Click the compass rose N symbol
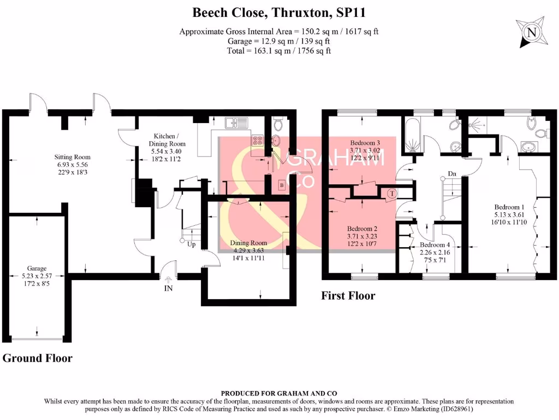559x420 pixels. [532, 32]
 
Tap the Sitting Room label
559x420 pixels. [73, 157]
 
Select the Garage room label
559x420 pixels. [37, 268]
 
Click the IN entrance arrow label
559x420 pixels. [168, 288]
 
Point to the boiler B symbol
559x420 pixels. [282, 185]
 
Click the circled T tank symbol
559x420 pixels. [392, 194]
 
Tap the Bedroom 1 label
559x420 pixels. [509, 207]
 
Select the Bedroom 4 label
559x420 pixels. [435, 244]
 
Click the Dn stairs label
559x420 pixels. [452, 173]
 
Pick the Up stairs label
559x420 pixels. [192, 244]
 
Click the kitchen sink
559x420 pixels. [236, 123]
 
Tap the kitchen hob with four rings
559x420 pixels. [258, 140]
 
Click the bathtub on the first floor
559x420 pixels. [413, 134]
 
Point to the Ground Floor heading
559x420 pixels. [38, 358]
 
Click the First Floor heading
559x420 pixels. [348, 296]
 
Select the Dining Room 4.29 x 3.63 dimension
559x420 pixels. [248, 250]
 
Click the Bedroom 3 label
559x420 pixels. [365, 143]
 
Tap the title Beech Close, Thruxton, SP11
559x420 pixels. [279, 13]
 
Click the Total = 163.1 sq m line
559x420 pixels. [279, 51]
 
